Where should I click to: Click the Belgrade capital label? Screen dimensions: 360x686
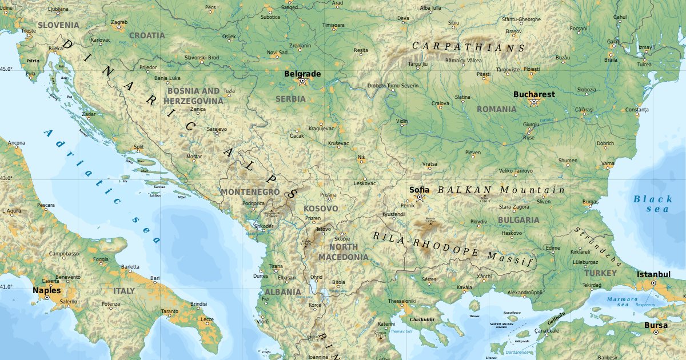[302, 74]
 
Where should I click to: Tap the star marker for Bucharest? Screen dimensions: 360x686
[534, 102]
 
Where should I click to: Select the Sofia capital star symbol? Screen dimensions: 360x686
[419, 198]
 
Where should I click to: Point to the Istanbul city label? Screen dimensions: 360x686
[653, 274]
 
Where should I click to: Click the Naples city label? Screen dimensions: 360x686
[46, 290]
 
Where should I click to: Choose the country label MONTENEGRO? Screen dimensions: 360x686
[250, 192]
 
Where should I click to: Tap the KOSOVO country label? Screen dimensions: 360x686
[321, 209]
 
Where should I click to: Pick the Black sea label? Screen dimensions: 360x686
[653, 203]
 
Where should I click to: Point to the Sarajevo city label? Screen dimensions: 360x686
[217, 129]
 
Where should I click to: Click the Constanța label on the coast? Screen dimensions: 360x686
[637, 109]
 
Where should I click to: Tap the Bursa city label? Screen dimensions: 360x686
[655, 325]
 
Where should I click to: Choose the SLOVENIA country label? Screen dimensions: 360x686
[58, 25]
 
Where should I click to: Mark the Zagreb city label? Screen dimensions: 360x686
[119, 22]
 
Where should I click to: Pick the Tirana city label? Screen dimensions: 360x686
[276, 266]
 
